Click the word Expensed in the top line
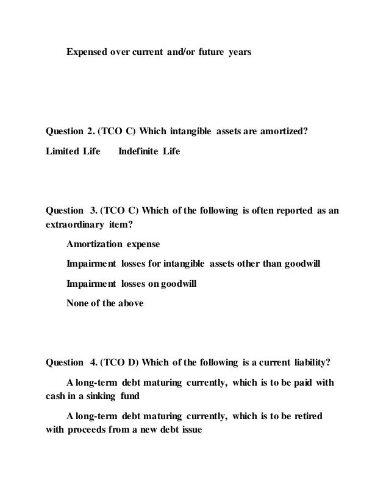[86, 53]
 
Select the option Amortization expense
[112, 244]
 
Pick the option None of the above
[104, 302]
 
